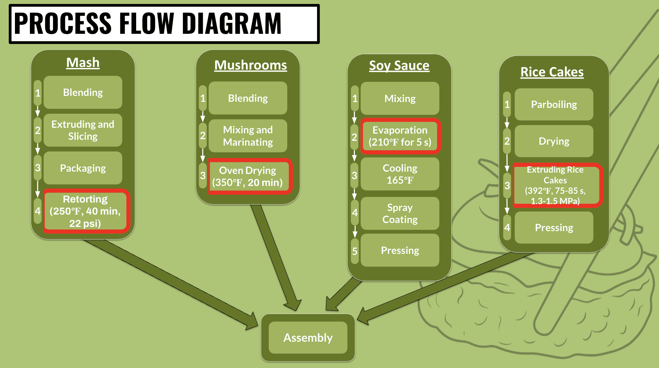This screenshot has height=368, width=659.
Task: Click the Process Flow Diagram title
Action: click(x=148, y=23)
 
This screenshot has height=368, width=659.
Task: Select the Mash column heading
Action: click(x=83, y=62)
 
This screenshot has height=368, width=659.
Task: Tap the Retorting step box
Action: click(x=85, y=211)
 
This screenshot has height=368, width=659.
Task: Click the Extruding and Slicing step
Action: click(x=83, y=130)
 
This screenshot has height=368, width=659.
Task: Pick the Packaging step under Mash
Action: click(x=83, y=168)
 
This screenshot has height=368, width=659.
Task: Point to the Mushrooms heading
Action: click(x=251, y=65)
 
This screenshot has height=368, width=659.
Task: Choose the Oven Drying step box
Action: click(x=248, y=176)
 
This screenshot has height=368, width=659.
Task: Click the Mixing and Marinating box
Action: click(x=248, y=136)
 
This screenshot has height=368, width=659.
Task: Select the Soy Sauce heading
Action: click(x=399, y=65)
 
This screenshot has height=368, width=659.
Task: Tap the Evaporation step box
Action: click(x=400, y=136)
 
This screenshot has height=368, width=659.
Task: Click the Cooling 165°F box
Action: click(x=400, y=174)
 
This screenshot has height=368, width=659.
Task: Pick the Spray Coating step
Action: click(x=400, y=213)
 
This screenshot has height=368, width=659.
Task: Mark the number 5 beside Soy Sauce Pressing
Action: click(x=355, y=251)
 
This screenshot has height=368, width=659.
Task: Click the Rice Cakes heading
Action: click(x=552, y=72)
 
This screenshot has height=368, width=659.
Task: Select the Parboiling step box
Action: click(x=554, y=104)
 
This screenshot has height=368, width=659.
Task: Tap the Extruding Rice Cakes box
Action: click(x=556, y=185)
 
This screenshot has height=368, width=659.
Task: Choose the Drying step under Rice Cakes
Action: click(x=554, y=141)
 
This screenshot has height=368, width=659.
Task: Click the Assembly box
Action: click(x=308, y=337)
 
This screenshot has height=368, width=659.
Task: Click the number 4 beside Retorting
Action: click(x=38, y=211)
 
